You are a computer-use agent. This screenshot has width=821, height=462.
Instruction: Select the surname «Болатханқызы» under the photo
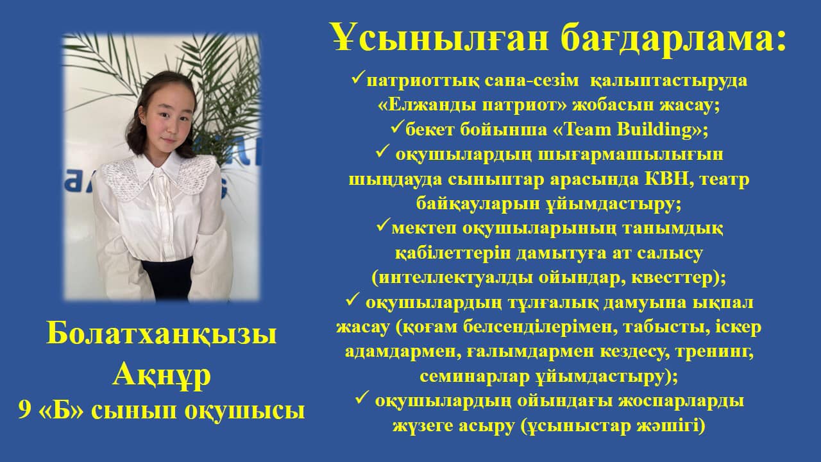pyautogui.click(x=162, y=334)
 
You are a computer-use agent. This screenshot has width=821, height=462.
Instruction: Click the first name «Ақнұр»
pyautogui.click(x=162, y=375)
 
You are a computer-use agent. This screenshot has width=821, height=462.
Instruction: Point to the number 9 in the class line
pyautogui.click(x=24, y=411)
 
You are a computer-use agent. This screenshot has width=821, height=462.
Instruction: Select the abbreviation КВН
pyautogui.click(x=666, y=179)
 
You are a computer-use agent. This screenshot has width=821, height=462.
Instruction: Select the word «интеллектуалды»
pyautogui.click(x=455, y=278)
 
